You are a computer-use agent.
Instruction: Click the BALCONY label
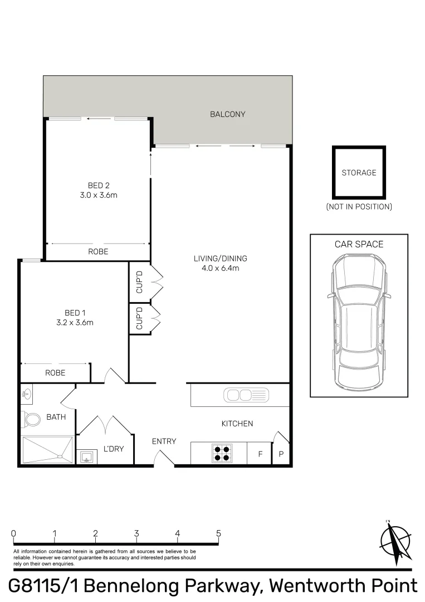227,114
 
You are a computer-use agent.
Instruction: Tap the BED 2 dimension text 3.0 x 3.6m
98,195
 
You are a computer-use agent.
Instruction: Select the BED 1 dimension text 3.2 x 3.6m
75,322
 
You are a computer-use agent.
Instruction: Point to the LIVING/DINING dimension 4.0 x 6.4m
220,268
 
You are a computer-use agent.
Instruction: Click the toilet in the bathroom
32,418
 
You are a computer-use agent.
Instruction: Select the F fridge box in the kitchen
260,454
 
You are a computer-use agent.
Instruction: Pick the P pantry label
281,454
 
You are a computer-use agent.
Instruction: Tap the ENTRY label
164,441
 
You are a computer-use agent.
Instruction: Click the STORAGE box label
359,173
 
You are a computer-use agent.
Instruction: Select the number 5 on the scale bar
218,533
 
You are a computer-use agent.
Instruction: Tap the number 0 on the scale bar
13,533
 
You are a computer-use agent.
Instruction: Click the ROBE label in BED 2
98,252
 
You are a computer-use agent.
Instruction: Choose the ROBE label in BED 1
55,373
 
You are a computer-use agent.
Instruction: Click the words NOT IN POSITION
359,207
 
